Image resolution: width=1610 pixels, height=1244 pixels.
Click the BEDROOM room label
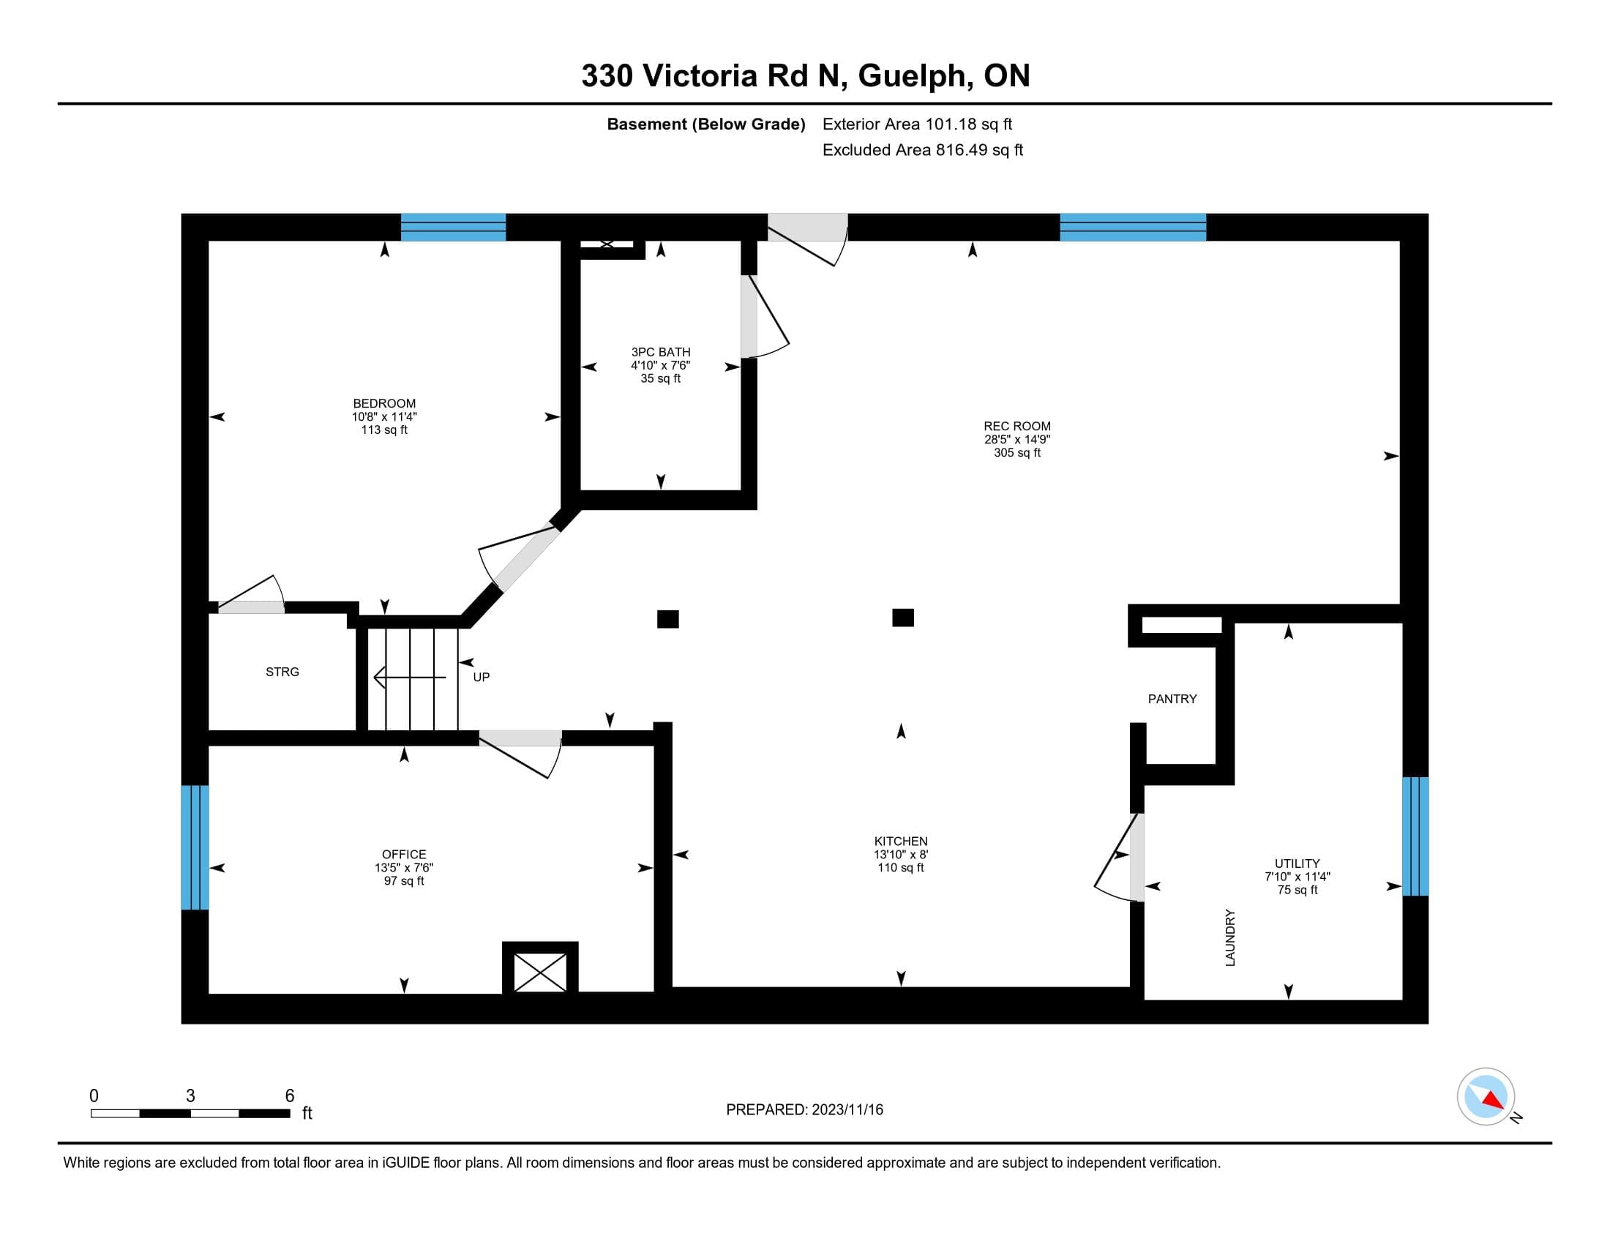[x=384, y=403]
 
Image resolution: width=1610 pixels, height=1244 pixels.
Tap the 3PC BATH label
[x=661, y=352]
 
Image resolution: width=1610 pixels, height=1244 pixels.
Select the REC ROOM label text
[x=1016, y=426]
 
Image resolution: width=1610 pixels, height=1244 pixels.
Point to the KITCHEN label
[x=900, y=841]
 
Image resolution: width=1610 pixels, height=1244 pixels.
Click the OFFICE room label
[x=404, y=854]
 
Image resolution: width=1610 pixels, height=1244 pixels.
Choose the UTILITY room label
[x=1297, y=863]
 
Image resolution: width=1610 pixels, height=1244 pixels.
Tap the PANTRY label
[x=1172, y=699]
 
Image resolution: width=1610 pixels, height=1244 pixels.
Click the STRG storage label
[x=282, y=671]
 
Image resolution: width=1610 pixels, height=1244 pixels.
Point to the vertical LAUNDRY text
[x=1229, y=937]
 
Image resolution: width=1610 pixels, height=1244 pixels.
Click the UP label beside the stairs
[x=481, y=677]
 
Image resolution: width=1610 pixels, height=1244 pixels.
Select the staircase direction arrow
[x=410, y=677]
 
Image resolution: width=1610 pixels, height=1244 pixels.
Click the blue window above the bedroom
[x=454, y=227]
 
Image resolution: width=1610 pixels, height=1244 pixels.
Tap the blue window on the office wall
[x=195, y=847]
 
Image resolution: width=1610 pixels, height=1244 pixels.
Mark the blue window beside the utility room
[x=1415, y=836]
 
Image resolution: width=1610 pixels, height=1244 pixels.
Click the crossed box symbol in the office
[x=540, y=971]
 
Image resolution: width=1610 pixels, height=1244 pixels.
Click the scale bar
[x=190, y=1113]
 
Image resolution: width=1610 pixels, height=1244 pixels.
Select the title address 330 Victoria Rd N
[x=711, y=75]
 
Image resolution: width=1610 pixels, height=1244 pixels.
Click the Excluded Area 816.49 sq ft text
[x=922, y=149]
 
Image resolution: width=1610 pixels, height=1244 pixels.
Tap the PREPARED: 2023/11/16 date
[x=804, y=1109]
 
